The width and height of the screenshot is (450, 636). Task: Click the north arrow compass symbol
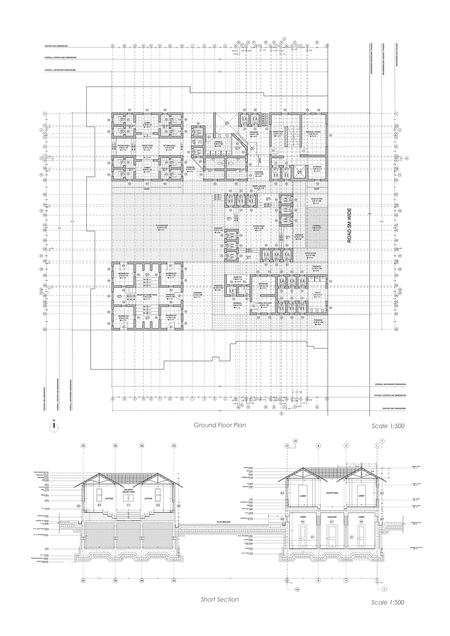(x=54, y=427)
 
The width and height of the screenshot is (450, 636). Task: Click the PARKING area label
(x=317, y=226)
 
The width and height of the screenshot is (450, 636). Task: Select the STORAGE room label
(x=317, y=167)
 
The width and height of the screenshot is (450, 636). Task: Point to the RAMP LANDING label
(x=259, y=186)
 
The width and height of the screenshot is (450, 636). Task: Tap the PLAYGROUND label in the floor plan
(x=162, y=226)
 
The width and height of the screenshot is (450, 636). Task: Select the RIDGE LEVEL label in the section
(x=416, y=466)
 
